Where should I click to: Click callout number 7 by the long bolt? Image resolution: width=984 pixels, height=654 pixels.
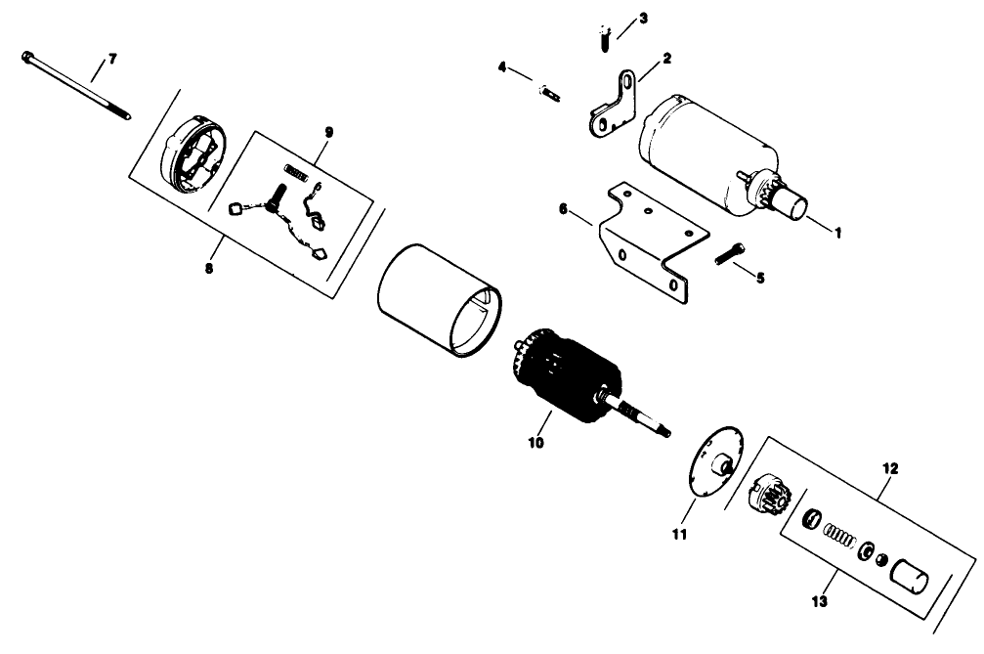[111, 61]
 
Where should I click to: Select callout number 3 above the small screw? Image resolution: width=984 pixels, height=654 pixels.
[642, 19]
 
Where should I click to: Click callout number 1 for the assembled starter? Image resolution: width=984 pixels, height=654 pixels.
[836, 233]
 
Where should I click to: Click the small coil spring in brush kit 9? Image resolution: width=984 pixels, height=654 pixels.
[297, 174]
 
